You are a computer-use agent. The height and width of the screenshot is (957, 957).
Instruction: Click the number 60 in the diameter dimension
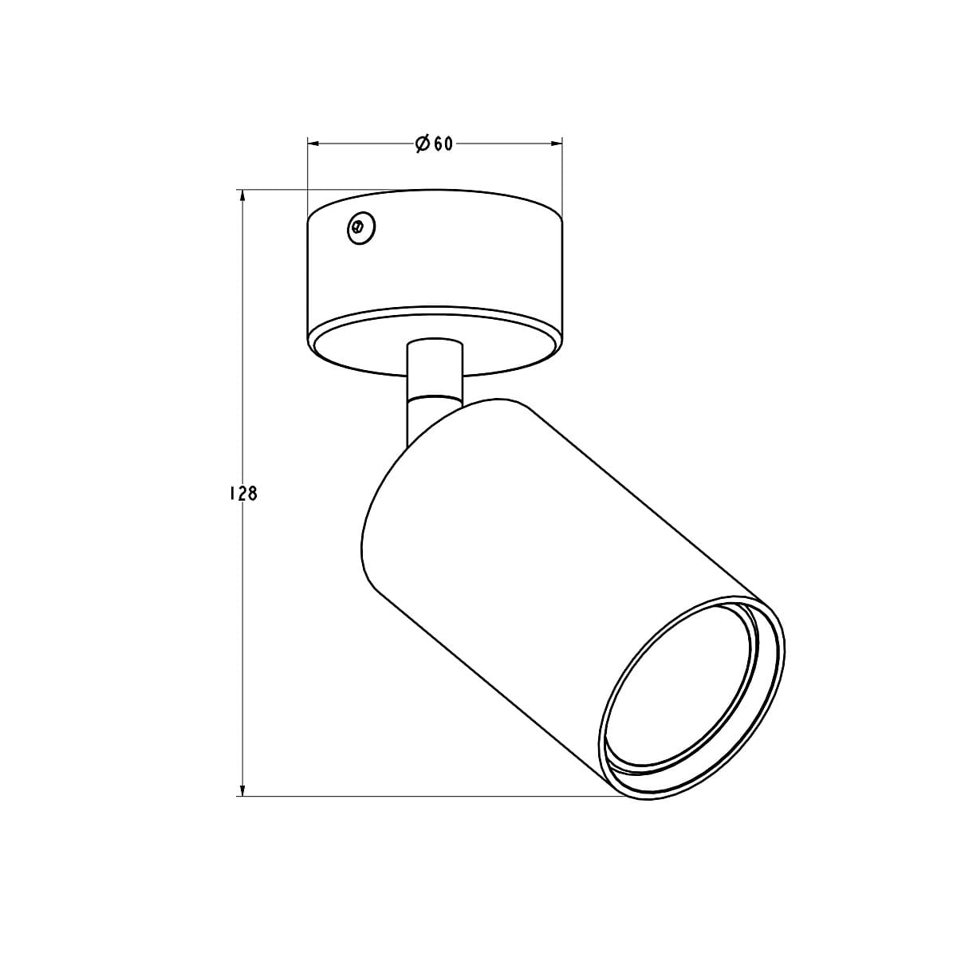[444, 144]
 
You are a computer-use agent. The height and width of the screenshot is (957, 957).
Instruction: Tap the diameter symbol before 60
[423, 144]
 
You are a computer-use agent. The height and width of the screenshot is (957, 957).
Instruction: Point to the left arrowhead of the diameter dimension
[313, 144]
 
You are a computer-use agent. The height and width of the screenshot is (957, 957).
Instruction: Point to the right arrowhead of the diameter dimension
[557, 144]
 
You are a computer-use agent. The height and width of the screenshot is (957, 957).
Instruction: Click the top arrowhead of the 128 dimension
[241, 195]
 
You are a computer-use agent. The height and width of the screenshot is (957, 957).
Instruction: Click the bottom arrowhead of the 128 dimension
[241, 790]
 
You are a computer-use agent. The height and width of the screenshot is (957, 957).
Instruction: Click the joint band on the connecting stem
[434, 396]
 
